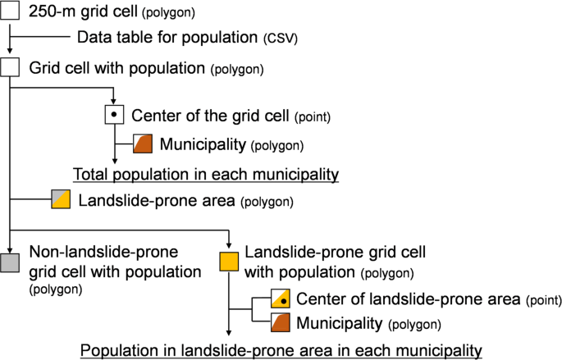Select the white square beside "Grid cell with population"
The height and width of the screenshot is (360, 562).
pos(9,68)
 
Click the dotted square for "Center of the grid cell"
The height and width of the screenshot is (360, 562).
pos(114,115)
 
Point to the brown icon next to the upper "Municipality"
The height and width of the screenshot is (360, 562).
pos(143,145)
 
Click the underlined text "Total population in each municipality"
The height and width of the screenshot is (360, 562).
pos(206,174)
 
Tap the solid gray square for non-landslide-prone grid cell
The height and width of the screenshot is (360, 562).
pos(9,262)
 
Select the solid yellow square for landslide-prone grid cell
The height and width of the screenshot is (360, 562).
pos(229,262)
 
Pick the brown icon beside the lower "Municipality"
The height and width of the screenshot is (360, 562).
pos(281,322)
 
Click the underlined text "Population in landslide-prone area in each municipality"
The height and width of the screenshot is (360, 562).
pos(281,350)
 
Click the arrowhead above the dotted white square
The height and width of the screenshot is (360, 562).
pos(114,102)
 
